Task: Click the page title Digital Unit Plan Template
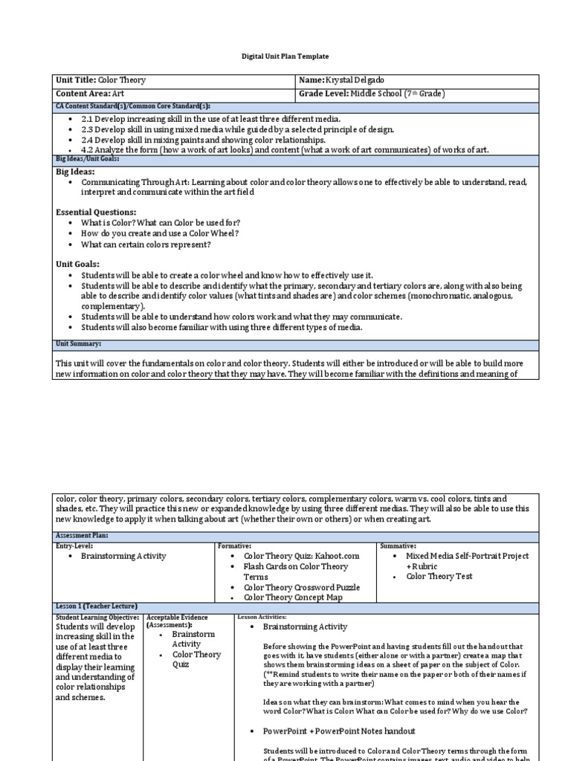tap(285, 56)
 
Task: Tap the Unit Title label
tap(76, 80)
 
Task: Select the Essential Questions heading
tap(96, 212)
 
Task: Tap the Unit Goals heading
tap(77, 264)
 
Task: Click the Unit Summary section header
tap(79, 344)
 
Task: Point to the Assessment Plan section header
tap(82, 535)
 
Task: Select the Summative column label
tap(398, 546)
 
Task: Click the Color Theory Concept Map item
tap(292, 598)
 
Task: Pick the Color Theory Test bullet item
tap(439, 576)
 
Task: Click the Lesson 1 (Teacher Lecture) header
tap(97, 606)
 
